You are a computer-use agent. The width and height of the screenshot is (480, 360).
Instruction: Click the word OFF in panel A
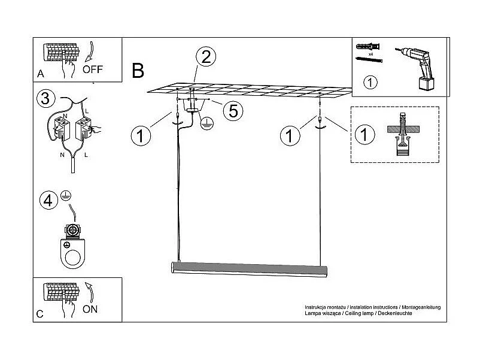coord(93,69)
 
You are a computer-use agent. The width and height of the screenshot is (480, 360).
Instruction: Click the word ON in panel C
coord(90,309)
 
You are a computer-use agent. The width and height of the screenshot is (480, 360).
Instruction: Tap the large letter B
coord(138,71)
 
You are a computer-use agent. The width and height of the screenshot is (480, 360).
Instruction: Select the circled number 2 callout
coord(206,58)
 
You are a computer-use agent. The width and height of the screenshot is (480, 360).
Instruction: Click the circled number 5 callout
coord(233,110)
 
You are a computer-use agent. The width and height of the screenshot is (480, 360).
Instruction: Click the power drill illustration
coord(418,66)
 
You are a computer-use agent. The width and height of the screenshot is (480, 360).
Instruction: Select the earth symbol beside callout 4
coord(66,195)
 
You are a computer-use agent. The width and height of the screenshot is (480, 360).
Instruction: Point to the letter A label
coord(40,74)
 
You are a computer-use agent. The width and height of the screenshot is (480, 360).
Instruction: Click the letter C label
coord(40,314)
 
